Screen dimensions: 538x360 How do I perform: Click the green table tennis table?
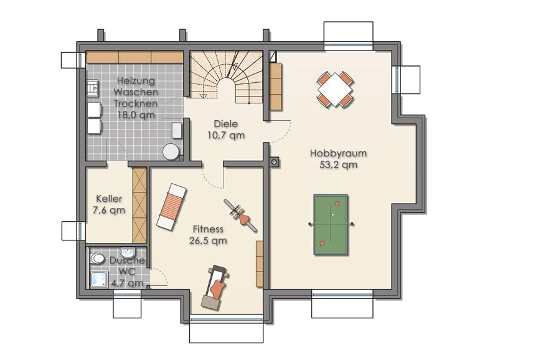pyautogui.click(x=331, y=225)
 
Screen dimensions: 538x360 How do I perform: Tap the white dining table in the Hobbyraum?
pyautogui.click(x=335, y=89)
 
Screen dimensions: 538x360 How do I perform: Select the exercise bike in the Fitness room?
pyautogui.click(x=240, y=216)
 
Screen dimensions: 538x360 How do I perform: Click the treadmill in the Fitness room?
pyautogui.click(x=215, y=288)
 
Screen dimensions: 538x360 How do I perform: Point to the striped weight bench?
pyautogui.click(x=172, y=207)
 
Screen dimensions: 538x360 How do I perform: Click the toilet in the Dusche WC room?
pyautogui.click(x=97, y=258)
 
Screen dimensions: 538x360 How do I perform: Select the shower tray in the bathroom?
pyautogui.click(x=99, y=279)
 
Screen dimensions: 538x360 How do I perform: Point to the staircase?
pyautogui.click(x=227, y=77)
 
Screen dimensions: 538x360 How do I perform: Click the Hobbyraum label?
pyautogui.click(x=338, y=153)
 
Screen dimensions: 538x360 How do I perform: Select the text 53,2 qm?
pyautogui.click(x=338, y=164)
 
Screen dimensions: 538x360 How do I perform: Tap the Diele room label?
pyautogui.click(x=226, y=123)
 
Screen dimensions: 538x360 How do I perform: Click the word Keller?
pyautogui.click(x=109, y=198)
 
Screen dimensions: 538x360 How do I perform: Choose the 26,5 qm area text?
pyautogui.click(x=208, y=240)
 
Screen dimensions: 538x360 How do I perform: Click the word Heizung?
pyautogui.click(x=136, y=81)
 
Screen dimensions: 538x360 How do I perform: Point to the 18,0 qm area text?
pyautogui.click(x=136, y=115)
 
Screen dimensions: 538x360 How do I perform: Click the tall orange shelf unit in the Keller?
pyautogui.click(x=139, y=205)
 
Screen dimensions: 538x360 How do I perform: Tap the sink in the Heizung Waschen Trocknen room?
pyautogui.click(x=93, y=88)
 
